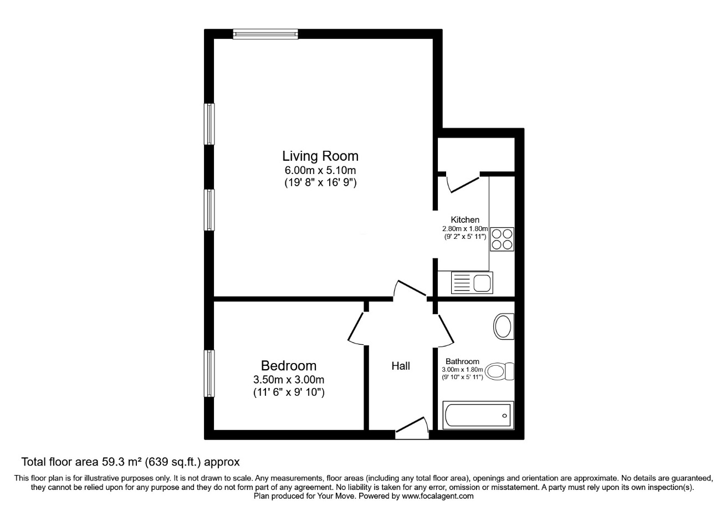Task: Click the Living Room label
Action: click(x=320, y=156)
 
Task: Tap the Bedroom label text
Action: click(x=288, y=366)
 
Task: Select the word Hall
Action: click(x=401, y=366)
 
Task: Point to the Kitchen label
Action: click(x=465, y=220)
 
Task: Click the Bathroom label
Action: click(x=462, y=361)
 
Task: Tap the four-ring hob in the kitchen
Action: click(x=502, y=239)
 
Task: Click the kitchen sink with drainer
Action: click(x=472, y=283)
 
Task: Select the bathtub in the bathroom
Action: click(x=478, y=415)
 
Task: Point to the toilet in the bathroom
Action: click(x=499, y=371)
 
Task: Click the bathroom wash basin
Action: click(x=504, y=326)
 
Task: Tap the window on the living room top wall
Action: click(x=265, y=34)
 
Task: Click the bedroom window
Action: click(x=209, y=374)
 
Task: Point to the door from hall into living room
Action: click(x=410, y=289)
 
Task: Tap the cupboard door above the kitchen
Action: click(x=463, y=183)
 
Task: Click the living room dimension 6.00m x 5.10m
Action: click(x=320, y=170)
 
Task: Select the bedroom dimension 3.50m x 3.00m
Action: click(x=288, y=380)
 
